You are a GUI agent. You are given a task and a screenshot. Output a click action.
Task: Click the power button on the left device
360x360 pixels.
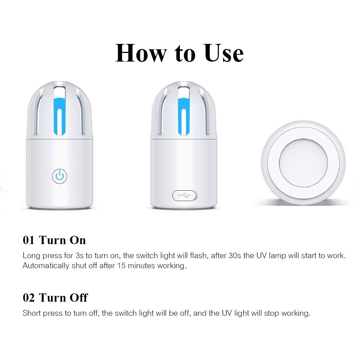tap(60, 176)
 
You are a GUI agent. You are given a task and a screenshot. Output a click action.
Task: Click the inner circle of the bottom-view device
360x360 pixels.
tap(303, 162)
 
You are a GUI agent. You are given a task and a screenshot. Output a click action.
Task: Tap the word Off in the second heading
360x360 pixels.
tap(79, 298)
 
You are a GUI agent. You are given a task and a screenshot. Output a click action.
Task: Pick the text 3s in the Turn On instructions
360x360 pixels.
tap(80, 256)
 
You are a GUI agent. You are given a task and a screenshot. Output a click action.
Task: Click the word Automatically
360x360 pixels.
tap(45, 266)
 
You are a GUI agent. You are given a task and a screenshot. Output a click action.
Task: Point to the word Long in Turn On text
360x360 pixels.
tap(31, 256)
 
